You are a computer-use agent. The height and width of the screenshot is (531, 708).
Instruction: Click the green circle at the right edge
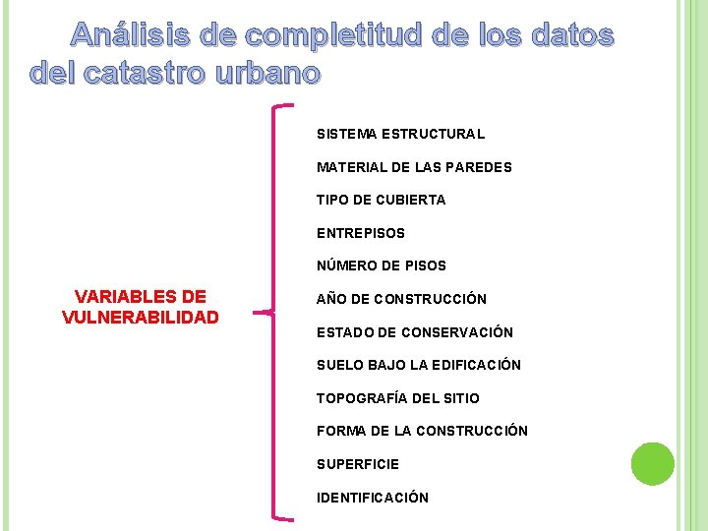click(653, 463)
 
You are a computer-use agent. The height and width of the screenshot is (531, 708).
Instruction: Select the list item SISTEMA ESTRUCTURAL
click(400, 134)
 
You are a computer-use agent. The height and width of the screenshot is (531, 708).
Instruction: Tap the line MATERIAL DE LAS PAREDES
click(414, 167)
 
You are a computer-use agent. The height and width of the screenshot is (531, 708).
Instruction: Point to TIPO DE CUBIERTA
click(381, 200)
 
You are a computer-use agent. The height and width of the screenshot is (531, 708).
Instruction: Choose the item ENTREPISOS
click(360, 233)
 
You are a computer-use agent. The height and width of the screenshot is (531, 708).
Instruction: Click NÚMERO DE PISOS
click(381, 265)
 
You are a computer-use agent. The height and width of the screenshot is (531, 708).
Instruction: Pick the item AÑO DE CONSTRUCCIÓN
click(401, 299)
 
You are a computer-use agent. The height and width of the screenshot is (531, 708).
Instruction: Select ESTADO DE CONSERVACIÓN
click(414, 332)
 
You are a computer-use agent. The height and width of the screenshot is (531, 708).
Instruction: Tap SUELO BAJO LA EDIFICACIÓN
click(418, 365)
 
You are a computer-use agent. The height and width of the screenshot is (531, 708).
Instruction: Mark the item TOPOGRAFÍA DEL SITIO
click(397, 398)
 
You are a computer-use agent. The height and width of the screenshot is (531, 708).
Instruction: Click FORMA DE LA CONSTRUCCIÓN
click(422, 431)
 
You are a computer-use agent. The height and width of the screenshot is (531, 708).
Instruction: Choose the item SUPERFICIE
click(357, 464)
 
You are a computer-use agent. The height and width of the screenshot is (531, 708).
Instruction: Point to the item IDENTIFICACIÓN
click(372, 498)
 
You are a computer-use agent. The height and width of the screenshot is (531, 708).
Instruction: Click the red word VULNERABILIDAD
click(140, 317)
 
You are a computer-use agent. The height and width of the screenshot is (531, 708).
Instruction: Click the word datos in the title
click(571, 36)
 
